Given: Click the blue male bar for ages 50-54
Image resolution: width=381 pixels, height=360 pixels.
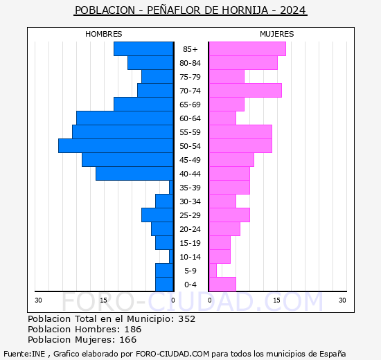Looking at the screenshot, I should coord(116,146).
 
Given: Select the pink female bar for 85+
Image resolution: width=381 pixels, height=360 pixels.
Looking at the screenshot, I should coord(247,49).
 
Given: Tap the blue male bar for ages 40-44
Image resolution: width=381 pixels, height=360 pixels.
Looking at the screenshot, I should coord(134,174).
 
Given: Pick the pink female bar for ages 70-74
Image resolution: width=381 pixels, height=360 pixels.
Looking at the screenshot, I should coord(245,91).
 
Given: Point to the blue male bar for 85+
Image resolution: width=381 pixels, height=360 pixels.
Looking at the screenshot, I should coord(143,49).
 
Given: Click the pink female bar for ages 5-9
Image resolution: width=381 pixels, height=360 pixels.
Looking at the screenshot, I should coord(213,271).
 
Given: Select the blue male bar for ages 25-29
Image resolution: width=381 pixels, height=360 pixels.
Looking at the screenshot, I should coord(157,215).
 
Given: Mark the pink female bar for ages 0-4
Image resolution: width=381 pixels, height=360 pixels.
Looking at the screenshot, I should coord(222,285).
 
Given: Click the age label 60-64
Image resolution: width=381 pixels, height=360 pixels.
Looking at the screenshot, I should coord(190,118).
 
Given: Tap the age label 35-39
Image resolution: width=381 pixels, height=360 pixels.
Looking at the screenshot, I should coord(190,188).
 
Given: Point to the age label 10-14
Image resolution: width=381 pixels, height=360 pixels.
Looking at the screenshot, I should coord(190,257).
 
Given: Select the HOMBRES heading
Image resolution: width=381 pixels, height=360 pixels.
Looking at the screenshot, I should coord(104,34).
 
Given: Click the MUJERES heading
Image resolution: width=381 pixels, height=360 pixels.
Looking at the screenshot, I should coord(277,34).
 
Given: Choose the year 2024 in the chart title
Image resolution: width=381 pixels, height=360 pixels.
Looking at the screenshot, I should coord(292,11).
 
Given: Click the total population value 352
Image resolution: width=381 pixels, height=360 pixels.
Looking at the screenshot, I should coord(186,319).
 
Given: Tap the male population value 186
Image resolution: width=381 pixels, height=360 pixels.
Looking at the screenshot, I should coord(132,330).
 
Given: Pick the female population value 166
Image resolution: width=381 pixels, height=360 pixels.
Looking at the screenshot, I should coord(127,340).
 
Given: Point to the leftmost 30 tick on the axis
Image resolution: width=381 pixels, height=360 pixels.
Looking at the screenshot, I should coord(39,300).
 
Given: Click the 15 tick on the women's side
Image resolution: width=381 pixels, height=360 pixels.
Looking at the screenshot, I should coord(276,300).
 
